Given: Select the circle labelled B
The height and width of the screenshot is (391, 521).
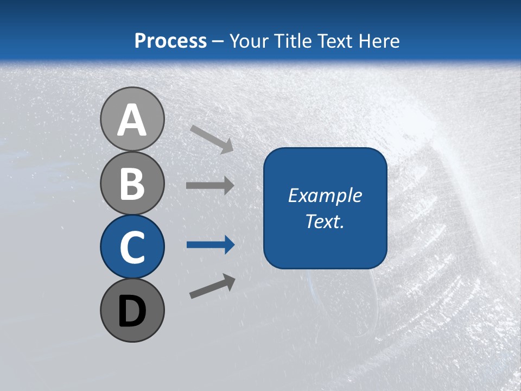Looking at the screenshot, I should pos(132,183).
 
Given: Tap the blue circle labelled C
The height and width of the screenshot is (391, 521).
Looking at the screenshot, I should pos(132,247).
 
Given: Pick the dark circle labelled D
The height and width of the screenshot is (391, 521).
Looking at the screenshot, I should pos(132,310).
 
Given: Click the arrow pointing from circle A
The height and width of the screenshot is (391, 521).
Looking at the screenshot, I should pos(211,139).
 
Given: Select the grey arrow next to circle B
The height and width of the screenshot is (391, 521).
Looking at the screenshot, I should pos(209,186).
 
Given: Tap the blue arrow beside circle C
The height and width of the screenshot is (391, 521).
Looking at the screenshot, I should pos(210,245).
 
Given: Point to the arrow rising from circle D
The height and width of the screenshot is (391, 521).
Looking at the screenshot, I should pos(212,286).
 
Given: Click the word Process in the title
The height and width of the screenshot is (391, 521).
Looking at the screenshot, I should pos(170,41).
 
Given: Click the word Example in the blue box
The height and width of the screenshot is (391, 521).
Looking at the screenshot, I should pos(325,195).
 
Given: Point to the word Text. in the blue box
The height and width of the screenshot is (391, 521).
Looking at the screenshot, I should pos(325,221).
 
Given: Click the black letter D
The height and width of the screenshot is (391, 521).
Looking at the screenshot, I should pos(132,311).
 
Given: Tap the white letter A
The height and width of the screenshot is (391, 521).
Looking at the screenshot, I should pos(132,120).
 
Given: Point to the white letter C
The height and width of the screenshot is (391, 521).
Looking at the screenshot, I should pos(132,247).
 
